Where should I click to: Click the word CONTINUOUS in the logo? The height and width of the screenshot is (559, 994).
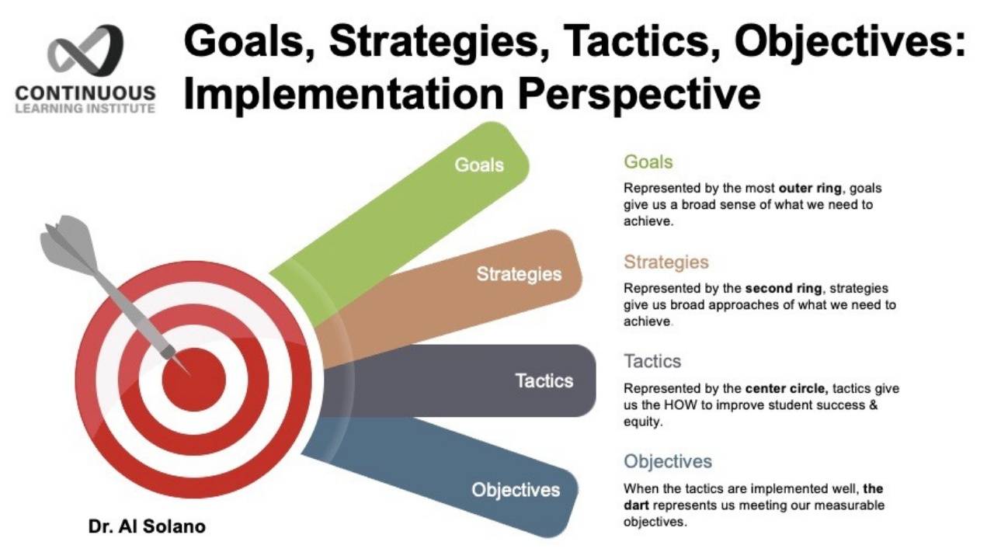point(85,93)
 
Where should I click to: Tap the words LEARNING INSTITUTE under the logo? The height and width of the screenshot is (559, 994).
point(85,109)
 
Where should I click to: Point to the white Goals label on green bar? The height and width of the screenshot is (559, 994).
point(479,165)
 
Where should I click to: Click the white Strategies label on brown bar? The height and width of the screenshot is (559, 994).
point(519,274)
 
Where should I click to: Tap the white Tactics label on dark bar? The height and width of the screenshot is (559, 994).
point(544,380)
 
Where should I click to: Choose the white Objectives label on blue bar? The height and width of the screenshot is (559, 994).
point(516,490)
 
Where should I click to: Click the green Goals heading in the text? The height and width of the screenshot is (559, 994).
point(648,162)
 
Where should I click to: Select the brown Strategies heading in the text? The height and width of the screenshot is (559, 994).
point(666,262)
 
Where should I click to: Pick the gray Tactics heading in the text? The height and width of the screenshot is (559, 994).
point(652,362)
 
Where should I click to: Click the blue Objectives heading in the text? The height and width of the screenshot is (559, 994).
point(668,461)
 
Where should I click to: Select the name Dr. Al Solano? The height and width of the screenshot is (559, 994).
point(146,526)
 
